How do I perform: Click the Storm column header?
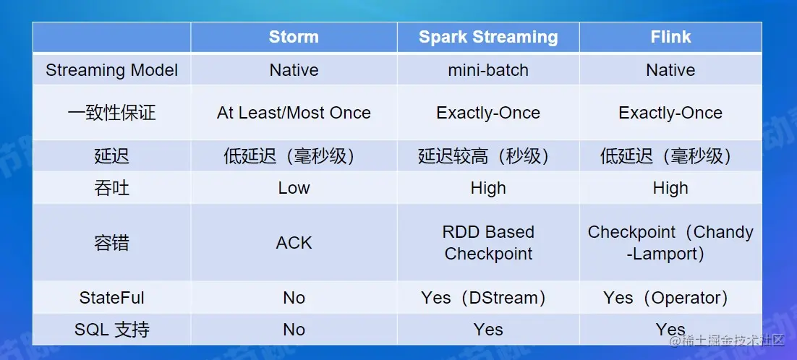coord(294,37)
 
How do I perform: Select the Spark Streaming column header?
coord(488,37)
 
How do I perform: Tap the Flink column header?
coord(670,37)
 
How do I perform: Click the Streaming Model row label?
coord(112,70)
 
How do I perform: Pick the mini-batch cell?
coord(488,70)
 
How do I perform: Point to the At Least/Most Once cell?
coord(294,113)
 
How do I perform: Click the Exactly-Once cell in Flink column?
coord(670,113)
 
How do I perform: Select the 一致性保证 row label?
coord(112,113)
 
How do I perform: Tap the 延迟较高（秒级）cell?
coord(488,156)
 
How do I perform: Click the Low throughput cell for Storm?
coord(294,188)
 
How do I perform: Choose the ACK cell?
coord(294,243)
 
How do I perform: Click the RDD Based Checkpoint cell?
coord(488,243)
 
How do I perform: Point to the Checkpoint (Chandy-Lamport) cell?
coord(670,243)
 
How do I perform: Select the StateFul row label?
coord(112,298)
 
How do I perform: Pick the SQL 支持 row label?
coord(112,330)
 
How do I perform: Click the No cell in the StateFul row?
coord(294,298)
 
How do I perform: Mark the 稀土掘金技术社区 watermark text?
coord(726,341)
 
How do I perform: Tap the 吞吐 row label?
coord(112,188)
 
